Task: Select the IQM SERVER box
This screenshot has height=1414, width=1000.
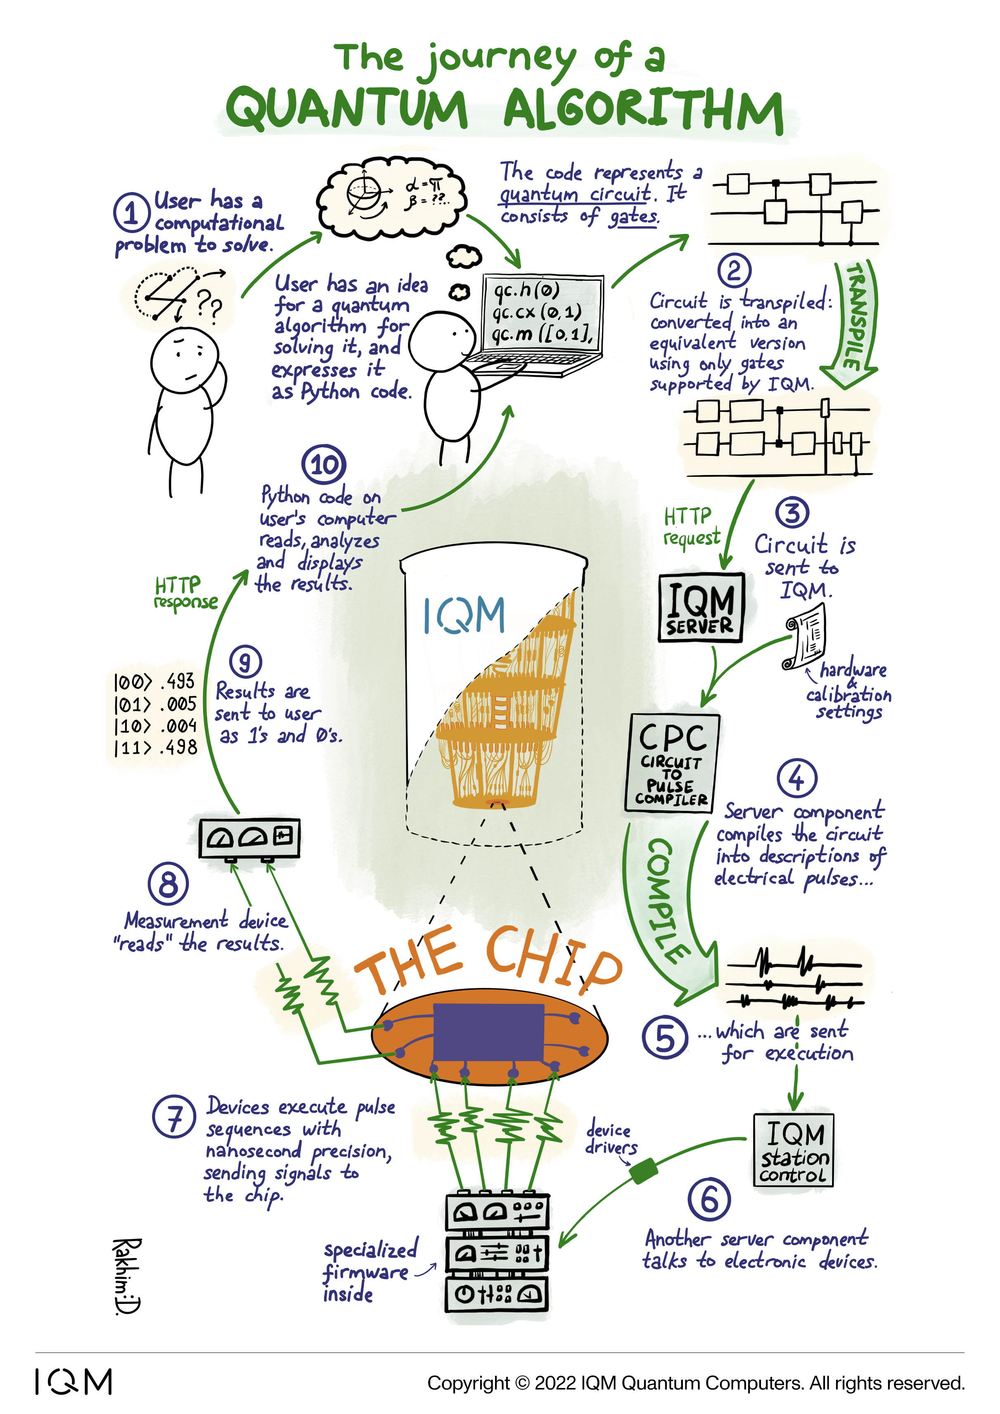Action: pyautogui.click(x=701, y=608)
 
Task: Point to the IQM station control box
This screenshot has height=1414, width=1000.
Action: pyautogui.click(x=794, y=1150)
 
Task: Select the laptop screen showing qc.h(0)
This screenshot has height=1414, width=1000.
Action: pyautogui.click(x=542, y=313)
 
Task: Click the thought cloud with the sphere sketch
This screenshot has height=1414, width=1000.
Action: pyautogui.click(x=391, y=196)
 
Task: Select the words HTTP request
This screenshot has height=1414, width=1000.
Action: pyautogui.click(x=690, y=527)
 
